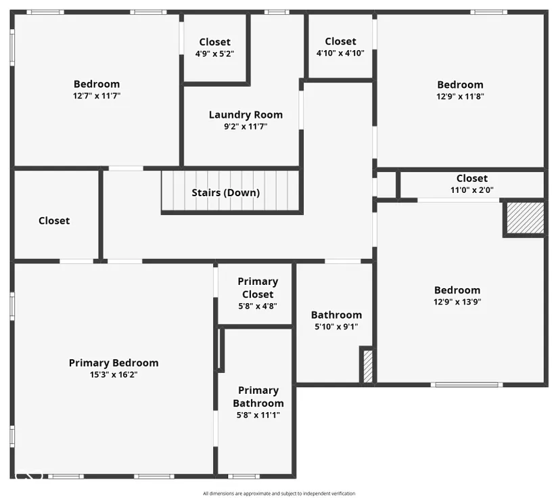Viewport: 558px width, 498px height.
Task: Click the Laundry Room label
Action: [246, 114]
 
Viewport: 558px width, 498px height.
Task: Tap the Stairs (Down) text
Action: [226, 193]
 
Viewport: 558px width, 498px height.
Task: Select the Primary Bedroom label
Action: [114, 363]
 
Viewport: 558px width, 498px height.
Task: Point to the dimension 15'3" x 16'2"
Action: [114, 374]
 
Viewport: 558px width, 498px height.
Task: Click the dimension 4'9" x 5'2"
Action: [214, 53]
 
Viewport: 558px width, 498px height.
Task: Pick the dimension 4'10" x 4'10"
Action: [340, 53]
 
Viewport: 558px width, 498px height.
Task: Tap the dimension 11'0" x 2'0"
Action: [472, 190]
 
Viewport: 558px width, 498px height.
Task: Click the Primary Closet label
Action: [258, 288]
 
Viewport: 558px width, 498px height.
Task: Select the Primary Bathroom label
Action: [258, 397]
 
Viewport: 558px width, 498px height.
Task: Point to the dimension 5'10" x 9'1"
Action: [336, 326]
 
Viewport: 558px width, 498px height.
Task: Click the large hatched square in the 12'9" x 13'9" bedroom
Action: [525, 218]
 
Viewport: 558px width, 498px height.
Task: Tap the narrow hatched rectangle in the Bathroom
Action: [368, 366]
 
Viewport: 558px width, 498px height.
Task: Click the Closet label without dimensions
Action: [54, 221]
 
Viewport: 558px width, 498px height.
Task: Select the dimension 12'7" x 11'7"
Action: [97, 96]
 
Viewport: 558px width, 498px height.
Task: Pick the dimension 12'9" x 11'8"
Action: [460, 97]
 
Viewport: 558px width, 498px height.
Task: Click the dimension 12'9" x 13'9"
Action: [457, 302]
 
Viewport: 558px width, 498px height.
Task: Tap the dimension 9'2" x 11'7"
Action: [246, 127]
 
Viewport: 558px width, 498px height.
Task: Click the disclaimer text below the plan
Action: [279, 493]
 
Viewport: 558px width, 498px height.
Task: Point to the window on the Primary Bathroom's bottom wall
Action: [243, 476]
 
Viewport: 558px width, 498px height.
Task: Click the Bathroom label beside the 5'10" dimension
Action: [336, 315]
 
